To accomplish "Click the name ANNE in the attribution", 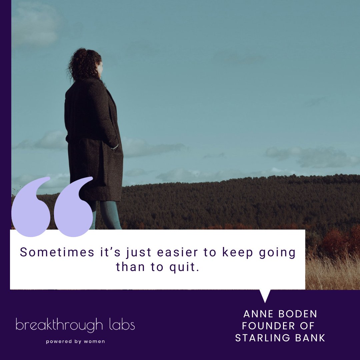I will click(258, 314).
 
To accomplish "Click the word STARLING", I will click(262, 338).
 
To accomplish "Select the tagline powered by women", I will click(75, 341).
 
